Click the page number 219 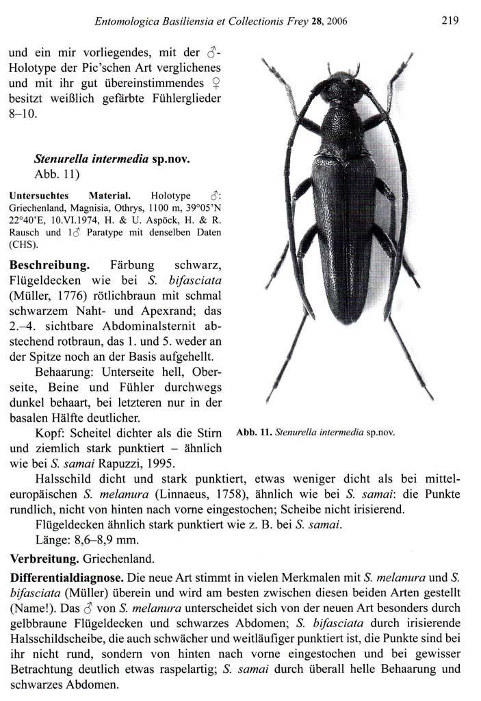pos(449,21)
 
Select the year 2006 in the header pos(337,21)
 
